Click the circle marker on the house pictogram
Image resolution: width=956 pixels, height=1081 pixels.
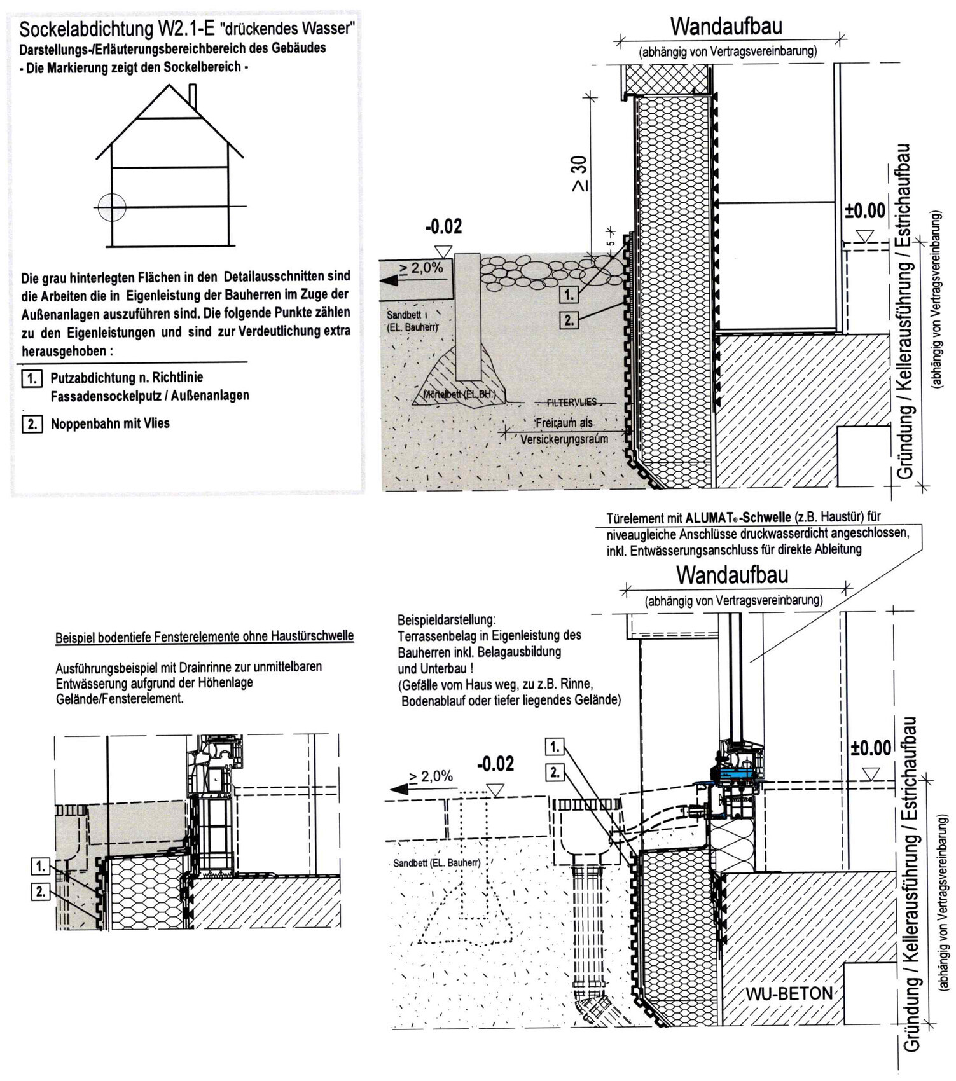pyautogui.click(x=113, y=206)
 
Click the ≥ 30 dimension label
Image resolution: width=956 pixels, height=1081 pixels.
pyautogui.click(x=579, y=173)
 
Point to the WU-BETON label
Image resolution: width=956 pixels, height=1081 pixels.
pyautogui.click(x=789, y=993)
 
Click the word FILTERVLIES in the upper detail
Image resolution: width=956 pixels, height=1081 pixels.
pyautogui.click(x=572, y=403)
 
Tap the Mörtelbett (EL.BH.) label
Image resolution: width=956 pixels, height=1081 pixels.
pyautogui.click(x=459, y=395)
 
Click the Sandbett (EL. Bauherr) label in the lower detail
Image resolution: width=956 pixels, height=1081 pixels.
pyautogui.click(x=436, y=863)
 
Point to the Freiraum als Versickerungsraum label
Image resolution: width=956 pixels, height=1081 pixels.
pyautogui.click(x=564, y=431)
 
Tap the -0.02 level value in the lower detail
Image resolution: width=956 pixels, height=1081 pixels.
pyautogui.click(x=495, y=764)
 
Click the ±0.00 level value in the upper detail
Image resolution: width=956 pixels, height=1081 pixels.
pyautogui.click(x=865, y=211)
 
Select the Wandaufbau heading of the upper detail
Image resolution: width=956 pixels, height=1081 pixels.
pyautogui.click(x=726, y=27)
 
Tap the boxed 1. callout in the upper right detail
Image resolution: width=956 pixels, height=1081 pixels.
pyautogui.click(x=569, y=295)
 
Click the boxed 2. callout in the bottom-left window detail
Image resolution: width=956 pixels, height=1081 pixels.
pyautogui.click(x=41, y=892)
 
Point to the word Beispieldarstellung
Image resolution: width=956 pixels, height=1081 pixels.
pyautogui.click(x=445, y=619)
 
